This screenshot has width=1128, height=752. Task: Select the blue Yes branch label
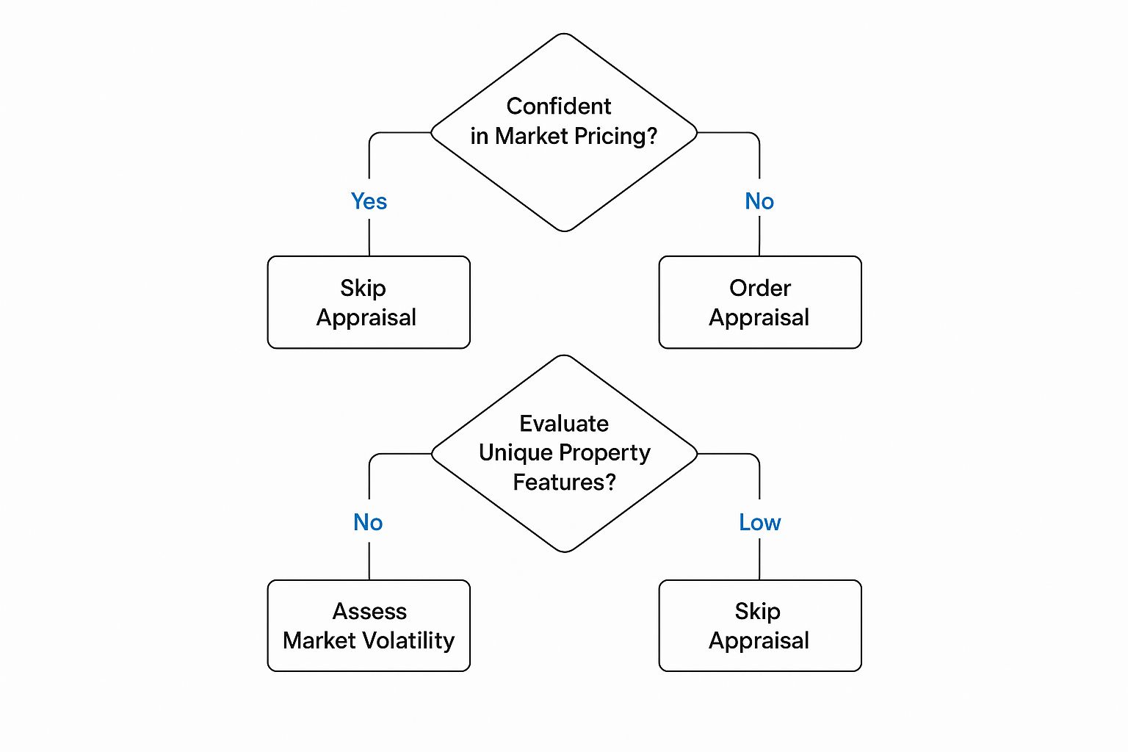point(369,201)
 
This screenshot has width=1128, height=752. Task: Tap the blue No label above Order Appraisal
point(759,201)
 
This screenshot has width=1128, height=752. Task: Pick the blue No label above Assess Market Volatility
point(368,522)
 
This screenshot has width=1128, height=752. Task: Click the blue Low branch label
point(759,522)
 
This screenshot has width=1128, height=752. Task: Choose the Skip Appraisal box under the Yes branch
point(369,302)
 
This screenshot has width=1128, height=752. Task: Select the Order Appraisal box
point(759,302)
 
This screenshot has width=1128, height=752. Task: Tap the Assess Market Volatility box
point(369,626)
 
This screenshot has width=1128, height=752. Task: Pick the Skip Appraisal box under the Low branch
point(759,626)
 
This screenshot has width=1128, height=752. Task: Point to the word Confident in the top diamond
point(559,106)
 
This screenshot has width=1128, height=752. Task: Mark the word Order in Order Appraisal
point(760,288)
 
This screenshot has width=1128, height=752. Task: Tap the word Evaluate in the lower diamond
point(564,424)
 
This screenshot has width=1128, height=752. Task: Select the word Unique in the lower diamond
point(512,453)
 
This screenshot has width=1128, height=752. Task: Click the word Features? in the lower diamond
point(564,482)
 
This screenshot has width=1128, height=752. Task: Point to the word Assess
point(369,611)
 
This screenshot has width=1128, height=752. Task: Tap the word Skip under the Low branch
point(757,612)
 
